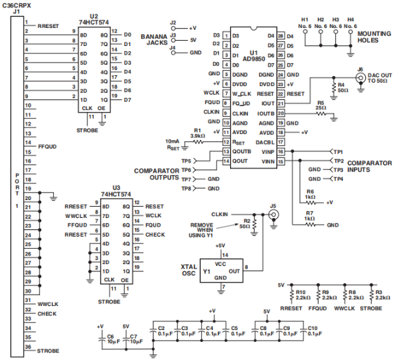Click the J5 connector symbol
(x=273, y=215)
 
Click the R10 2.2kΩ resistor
(x=292, y=294)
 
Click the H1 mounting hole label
(x=305, y=23)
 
